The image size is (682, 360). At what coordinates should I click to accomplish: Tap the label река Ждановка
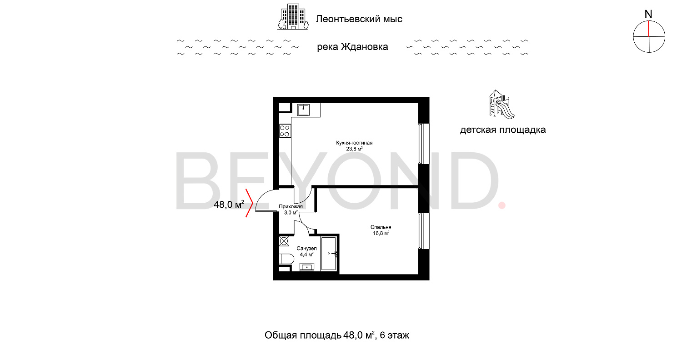[352, 47]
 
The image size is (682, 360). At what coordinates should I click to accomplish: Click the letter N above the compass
[649, 14]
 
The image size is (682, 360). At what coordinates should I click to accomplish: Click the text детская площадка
[503, 130]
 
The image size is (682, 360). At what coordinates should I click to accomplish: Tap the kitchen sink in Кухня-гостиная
[304, 109]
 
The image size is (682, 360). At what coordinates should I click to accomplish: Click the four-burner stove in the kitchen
[285, 131]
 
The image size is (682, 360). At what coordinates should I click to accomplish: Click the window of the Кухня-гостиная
[421, 144]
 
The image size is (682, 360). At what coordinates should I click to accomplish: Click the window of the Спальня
[421, 231]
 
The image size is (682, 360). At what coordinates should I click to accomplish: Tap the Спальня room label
[381, 227]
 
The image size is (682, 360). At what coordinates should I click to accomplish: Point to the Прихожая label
[291, 207]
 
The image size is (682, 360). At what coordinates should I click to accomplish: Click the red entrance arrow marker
[249, 203]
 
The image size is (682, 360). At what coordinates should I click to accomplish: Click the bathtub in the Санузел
[329, 254]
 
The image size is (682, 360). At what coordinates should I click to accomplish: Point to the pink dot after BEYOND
[502, 205]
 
